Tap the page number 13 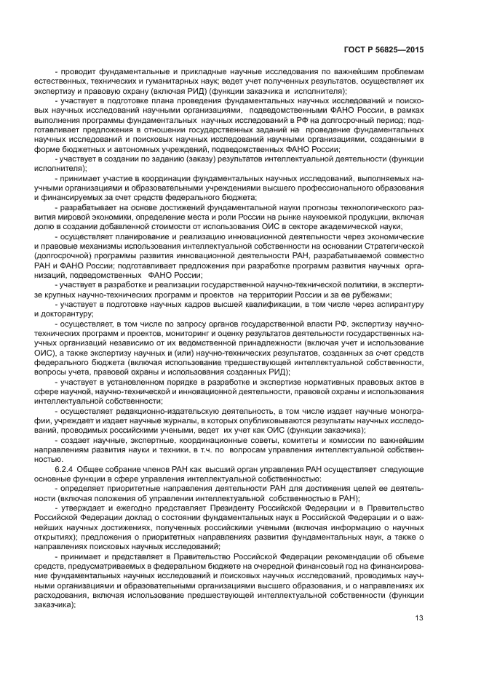418,618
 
